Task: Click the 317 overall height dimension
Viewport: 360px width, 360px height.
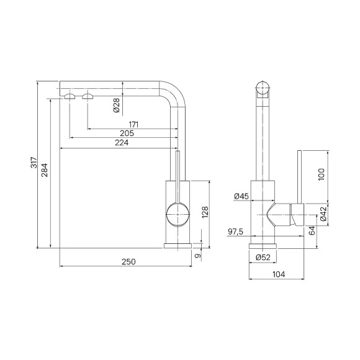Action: coord(34,163)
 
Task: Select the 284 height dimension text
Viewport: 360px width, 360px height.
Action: coord(44,170)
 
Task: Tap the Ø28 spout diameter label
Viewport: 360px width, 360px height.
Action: coord(117,105)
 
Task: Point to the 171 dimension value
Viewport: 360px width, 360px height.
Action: coord(133,125)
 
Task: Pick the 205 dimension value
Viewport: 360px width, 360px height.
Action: coord(127,133)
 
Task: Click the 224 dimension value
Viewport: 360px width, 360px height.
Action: coord(122,143)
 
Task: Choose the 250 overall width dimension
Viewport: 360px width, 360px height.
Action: coord(128,262)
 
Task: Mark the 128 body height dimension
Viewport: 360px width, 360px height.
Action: coord(205,212)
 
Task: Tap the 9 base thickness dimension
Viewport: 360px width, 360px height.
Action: coord(197,256)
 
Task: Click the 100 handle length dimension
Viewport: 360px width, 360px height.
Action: coord(322,174)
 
